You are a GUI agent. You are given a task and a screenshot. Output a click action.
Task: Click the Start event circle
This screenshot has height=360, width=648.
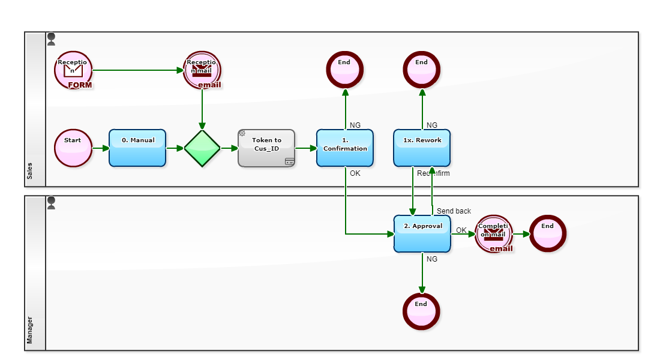pyautogui.click(x=73, y=148)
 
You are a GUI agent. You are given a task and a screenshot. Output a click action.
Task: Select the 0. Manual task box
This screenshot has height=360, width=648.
pyautogui.click(x=137, y=148)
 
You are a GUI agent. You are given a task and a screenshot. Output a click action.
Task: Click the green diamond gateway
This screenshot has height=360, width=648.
pyautogui.click(x=202, y=148)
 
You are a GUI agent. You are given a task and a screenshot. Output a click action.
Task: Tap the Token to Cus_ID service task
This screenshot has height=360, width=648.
pyautogui.click(x=266, y=148)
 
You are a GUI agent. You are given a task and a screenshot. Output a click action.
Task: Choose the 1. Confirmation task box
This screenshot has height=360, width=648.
pyautogui.click(x=345, y=148)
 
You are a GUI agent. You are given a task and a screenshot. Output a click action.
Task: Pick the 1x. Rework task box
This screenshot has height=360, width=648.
pyautogui.click(x=422, y=148)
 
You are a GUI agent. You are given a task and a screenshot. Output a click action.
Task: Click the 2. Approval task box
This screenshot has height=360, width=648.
pyautogui.click(x=422, y=233)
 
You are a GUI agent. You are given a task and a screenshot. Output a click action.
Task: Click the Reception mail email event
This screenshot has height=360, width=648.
pyautogui.click(x=202, y=70)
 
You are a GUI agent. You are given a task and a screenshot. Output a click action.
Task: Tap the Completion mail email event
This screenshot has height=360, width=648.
pyautogui.click(x=494, y=233)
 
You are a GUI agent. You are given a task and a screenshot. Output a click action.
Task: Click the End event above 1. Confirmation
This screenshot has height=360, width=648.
pyautogui.click(x=345, y=70)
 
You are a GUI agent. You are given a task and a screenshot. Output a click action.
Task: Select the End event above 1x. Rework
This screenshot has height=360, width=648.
pyautogui.click(x=422, y=70)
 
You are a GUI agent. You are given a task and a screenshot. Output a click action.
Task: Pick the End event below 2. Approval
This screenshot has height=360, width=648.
pyautogui.click(x=422, y=311)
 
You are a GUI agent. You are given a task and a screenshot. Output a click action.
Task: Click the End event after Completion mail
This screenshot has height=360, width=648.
pyautogui.click(x=548, y=233)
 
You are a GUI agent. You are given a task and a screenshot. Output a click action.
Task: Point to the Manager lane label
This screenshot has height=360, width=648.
pyautogui.click(x=29, y=331)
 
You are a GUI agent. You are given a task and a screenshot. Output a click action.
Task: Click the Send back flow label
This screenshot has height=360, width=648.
pyautogui.click(x=454, y=211)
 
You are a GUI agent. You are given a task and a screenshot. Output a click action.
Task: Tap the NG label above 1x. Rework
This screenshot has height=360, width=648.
pyautogui.click(x=431, y=125)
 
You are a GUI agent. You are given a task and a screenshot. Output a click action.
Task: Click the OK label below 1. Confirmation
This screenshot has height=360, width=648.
pyautogui.click(x=355, y=173)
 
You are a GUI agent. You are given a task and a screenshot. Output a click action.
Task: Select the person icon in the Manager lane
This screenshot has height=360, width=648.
pyautogui.click(x=51, y=203)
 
